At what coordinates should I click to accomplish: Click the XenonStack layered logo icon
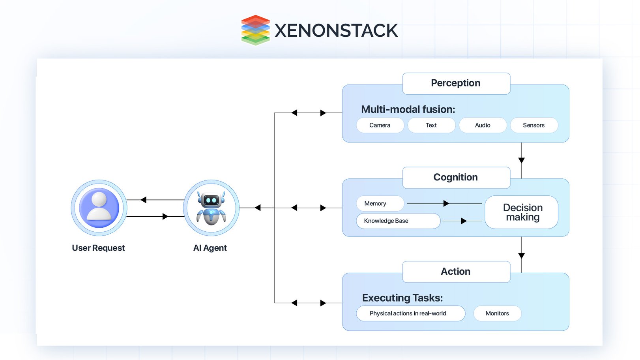click(255, 30)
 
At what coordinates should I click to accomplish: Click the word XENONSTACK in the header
click(336, 31)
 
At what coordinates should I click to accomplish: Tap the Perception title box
click(456, 83)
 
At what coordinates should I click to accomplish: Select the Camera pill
click(380, 125)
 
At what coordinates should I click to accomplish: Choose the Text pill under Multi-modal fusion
click(431, 125)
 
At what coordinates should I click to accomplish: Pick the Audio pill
click(482, 125)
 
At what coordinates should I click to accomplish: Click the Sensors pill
click(533, 125)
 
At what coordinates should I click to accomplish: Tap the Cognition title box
click(456, 178)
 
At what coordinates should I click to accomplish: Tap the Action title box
click(456, 272)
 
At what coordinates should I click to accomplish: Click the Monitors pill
click(497, 313)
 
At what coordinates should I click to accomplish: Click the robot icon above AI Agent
click(211, 208)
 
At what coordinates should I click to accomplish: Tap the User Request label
click(98, 248)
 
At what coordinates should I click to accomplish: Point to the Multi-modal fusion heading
click(408, 109)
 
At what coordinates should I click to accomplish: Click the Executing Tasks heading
click(402, 298)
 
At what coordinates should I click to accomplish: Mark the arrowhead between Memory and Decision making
click(446, 204)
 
